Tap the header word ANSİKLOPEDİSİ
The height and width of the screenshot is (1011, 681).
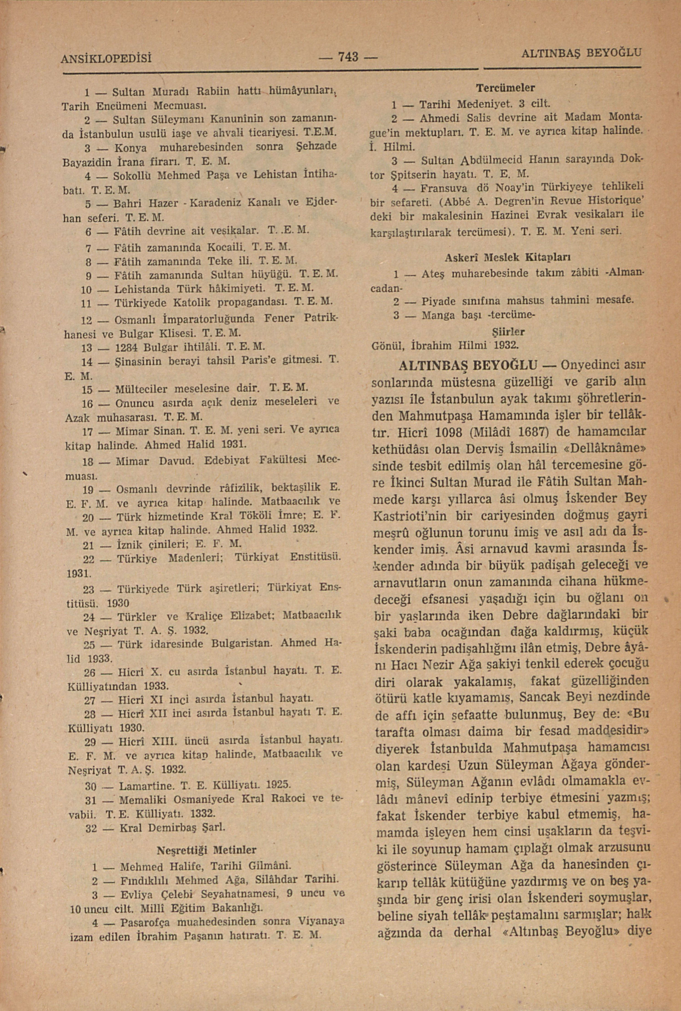107,58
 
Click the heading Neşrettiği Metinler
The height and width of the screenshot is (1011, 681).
206,849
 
